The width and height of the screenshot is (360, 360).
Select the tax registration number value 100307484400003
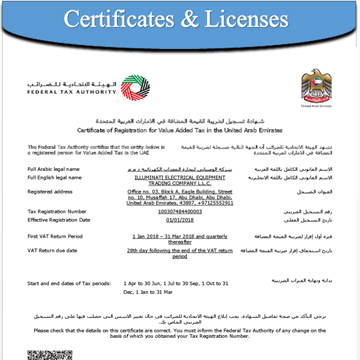pos(180,212)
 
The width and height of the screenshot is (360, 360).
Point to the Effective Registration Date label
pos(59,219)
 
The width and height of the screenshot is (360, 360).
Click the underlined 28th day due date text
pos(180,247)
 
